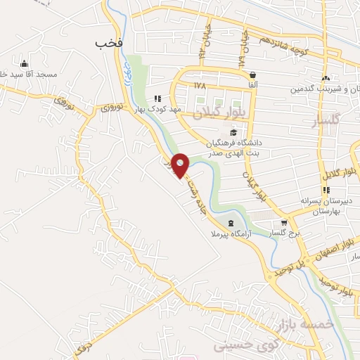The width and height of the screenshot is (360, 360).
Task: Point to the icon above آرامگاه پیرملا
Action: click(x=223, y=223)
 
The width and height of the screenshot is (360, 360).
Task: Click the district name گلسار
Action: click(x=326, y=122)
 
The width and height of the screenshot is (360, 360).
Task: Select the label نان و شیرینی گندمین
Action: click(x=323, y=89)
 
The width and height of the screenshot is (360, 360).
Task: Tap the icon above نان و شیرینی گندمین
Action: click(x=325, y=78)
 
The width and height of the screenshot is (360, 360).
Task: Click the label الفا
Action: click(x=252, y=84)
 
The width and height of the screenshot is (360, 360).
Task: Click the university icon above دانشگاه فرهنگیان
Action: click(x=233, y=131)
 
